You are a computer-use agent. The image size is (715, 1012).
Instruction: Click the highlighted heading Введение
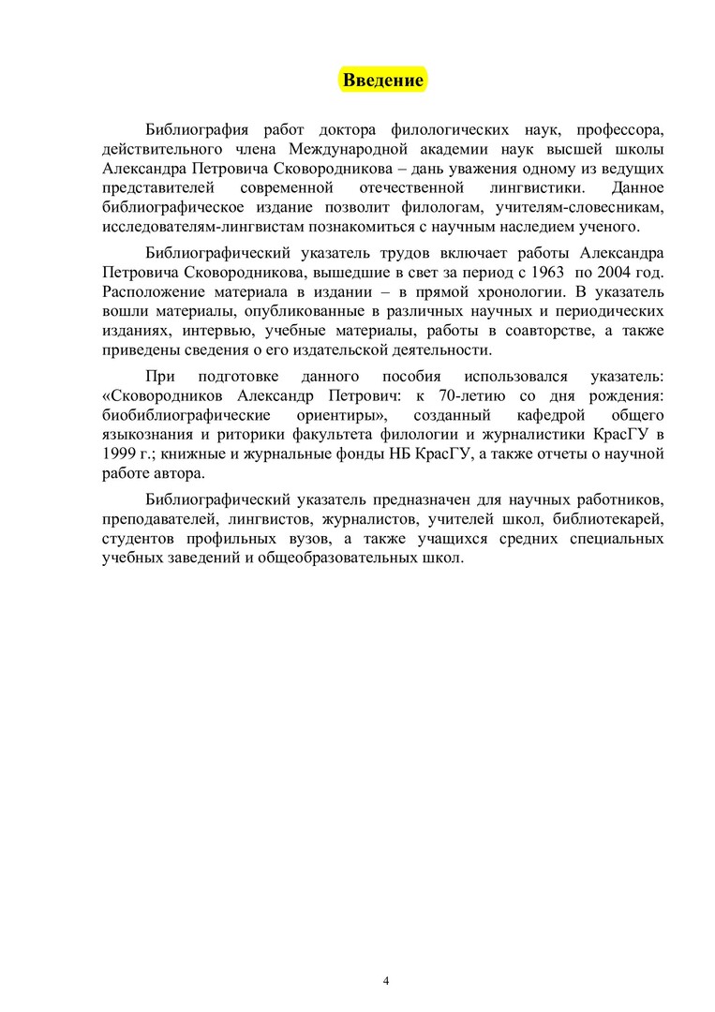pos(382,80)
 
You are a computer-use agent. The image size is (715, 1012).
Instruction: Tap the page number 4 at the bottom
pos(386,981)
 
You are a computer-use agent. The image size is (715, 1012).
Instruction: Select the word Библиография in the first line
pos(197,128)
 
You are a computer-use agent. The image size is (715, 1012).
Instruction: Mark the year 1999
pos(119,454)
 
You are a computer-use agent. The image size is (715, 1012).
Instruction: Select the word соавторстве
pos(529,331)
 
